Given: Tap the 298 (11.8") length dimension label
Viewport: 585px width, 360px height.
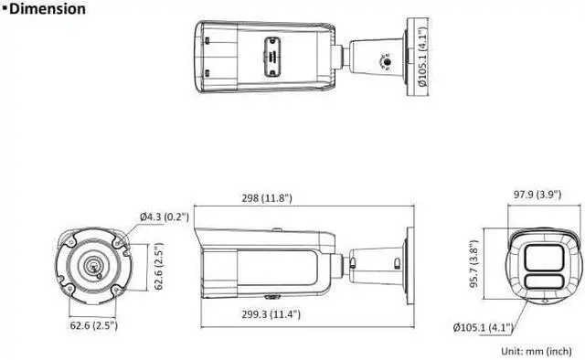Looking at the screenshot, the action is [267, 197].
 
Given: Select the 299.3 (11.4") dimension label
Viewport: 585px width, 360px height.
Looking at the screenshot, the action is [271, 314].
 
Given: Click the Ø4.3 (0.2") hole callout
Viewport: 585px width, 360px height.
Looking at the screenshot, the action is [165, 217].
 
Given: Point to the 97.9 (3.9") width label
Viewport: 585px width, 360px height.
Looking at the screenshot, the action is [537, 195].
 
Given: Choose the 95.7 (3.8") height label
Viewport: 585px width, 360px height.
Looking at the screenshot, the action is [474, 263].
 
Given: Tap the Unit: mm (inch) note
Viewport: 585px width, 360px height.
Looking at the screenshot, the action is [537, 351].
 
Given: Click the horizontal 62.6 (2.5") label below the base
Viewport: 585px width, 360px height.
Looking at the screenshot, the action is [93, 325].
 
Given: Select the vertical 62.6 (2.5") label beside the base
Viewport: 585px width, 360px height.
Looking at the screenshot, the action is [159, 266].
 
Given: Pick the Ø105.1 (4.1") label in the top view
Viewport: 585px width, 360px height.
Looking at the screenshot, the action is [422, 57].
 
